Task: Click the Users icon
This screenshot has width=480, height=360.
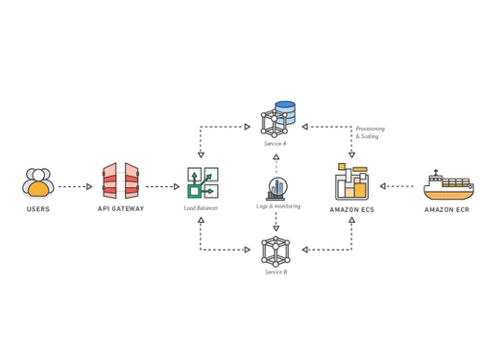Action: [x=38, y=182]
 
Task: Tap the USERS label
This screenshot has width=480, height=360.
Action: [x=38, y=208]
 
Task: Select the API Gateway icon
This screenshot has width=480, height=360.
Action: [x=121, y=182]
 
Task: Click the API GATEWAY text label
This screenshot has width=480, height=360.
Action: [x=121, y=208]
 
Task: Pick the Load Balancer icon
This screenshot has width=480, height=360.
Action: [x=202, y=182]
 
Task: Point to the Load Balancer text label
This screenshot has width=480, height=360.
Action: [x=202, y=208]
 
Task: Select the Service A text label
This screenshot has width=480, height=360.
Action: [x=276, y=143]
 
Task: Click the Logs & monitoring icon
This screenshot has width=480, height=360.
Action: [x=276, y=188]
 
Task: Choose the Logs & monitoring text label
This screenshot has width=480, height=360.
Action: [x=277, y=206]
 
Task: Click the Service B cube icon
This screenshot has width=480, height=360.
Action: [x=276, y=251]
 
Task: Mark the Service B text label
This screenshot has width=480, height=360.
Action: [x=276, y=272]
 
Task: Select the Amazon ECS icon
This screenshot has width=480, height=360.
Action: [x=351, y=182]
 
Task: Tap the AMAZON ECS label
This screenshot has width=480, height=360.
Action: [x=351, y=208]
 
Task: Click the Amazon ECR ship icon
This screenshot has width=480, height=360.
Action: [x=447, y=184]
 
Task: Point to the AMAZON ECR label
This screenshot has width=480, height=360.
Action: [x=447, y=208]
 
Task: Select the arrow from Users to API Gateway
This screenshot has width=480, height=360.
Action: [x=75, y=187]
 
